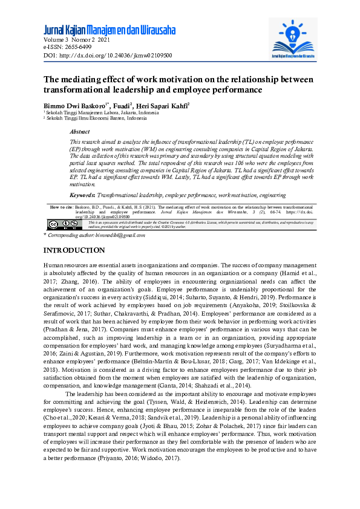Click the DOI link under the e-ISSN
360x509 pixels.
coord(108,55)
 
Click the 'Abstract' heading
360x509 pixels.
coord(80,131)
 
